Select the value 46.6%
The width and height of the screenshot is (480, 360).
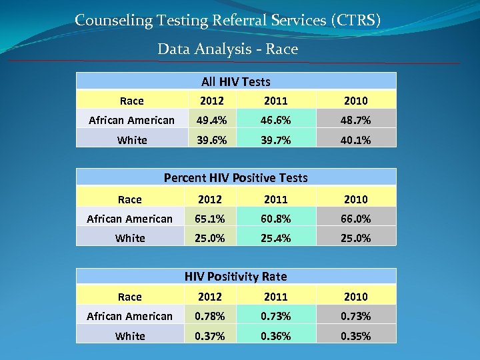[275, 121]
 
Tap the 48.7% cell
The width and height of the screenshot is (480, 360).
[355, 121]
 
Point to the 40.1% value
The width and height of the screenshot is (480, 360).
[355, 140]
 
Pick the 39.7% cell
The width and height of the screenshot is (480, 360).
[275, 140]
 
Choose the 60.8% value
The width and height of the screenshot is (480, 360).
[275, 219]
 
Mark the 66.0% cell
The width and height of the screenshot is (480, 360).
[355, 219]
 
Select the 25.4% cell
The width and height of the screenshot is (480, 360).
[275, 238]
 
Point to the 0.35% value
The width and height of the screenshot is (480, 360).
[355, 336]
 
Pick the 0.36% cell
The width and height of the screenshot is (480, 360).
[275, 336]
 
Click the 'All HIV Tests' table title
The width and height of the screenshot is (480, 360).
[236, 82]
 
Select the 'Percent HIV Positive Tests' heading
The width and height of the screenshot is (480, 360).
[236, 178]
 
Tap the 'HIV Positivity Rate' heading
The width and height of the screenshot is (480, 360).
[236, 276]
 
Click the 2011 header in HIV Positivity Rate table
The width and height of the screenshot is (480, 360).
[275, 297]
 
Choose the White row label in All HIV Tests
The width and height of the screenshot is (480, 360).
[131, 140]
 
